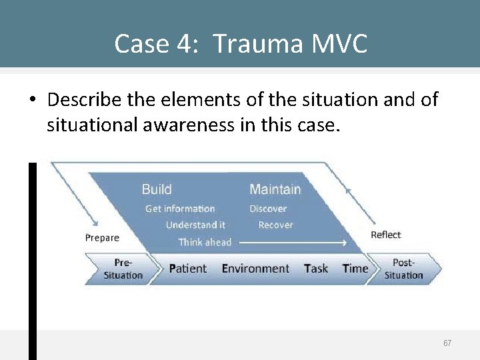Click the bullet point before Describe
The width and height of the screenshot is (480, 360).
click(x=33, y=101)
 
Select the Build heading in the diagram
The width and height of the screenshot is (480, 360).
click(x=157, y=189)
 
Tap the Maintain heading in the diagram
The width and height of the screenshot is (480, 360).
click(x=275, y=189)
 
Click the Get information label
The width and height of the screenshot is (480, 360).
click(x=180, y=209)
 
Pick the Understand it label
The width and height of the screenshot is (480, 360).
click(x=195, y=225)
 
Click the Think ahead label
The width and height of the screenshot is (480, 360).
click(x=205, y=242)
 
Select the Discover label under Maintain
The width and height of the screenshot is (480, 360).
click(x=268, y=209)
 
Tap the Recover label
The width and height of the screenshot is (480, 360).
click(x=275, y=225)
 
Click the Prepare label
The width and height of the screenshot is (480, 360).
click(x=102, y=238)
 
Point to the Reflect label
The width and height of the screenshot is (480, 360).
click(x=386, y=235)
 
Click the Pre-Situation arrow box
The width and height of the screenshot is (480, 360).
click(x=123, y=269)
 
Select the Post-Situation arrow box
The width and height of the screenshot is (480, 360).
click(x=404, y=269)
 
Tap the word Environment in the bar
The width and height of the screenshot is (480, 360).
click(x=255, y=269)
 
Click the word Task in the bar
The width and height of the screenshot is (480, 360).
click(x=316, y=269)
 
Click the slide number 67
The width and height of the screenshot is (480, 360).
click(x=447, y=343)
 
